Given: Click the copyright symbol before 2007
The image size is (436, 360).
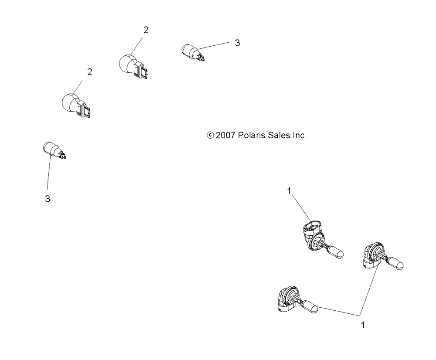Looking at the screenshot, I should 210,136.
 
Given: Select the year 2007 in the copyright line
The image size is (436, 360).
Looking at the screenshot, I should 226,136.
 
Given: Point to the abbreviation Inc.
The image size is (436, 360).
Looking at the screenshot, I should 300,136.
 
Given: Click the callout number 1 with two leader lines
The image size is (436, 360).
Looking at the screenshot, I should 362,324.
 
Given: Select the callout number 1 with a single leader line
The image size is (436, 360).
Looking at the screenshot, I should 289,190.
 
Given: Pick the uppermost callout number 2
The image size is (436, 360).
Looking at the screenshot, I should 146,30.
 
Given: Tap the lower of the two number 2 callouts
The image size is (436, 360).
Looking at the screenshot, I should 90,72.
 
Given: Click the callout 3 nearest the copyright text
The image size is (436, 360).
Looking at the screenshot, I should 237,43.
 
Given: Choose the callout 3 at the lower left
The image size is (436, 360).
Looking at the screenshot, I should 48,199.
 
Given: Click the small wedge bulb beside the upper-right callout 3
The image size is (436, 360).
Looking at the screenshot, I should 190,51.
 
